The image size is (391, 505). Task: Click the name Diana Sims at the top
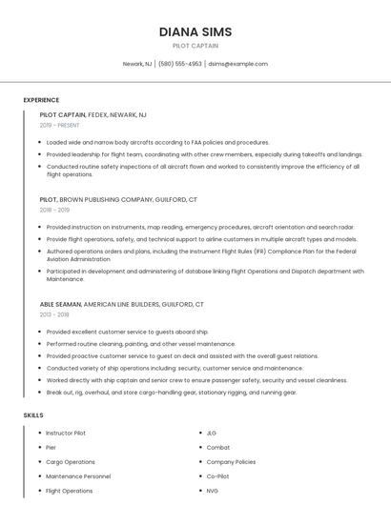click(x=195, y=31)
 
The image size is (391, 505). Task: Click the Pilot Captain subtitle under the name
click(x=195, y=46)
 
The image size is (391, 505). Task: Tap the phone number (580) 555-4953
click(x=180, y=64)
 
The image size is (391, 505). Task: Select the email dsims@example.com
click(x=237, y=64)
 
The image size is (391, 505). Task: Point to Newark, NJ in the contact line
click(x=137, y=64)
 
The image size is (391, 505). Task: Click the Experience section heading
click(x=41, y=100)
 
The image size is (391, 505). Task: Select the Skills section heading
click(x=33, y=415)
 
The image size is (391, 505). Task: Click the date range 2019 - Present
click(x=59, y=125)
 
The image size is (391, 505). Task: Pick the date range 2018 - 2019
click(x=54, y=210)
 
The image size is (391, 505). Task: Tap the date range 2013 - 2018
click(x=54, y=313)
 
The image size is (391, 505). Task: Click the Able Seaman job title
click(x=61, y=303)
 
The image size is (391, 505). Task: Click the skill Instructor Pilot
click(x=66, y=433)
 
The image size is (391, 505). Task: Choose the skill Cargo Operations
click(x=71, y=461)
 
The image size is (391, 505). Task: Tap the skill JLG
click(x=212, y=433)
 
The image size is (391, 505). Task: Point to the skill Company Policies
click(x=231, y=461)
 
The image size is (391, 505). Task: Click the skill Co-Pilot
click(x=218, y=475)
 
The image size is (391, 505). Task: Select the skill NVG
click(x=213, y=490)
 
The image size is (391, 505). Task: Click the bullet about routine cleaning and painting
click(x=141, y=343)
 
